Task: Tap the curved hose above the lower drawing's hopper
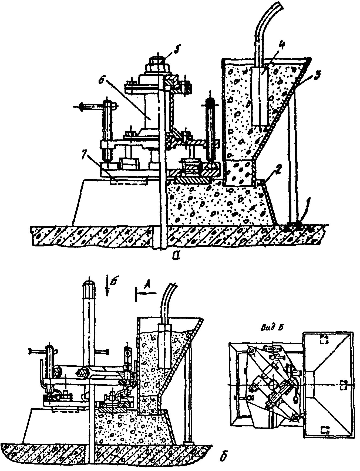pyautogui.click(x=167, y=300)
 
